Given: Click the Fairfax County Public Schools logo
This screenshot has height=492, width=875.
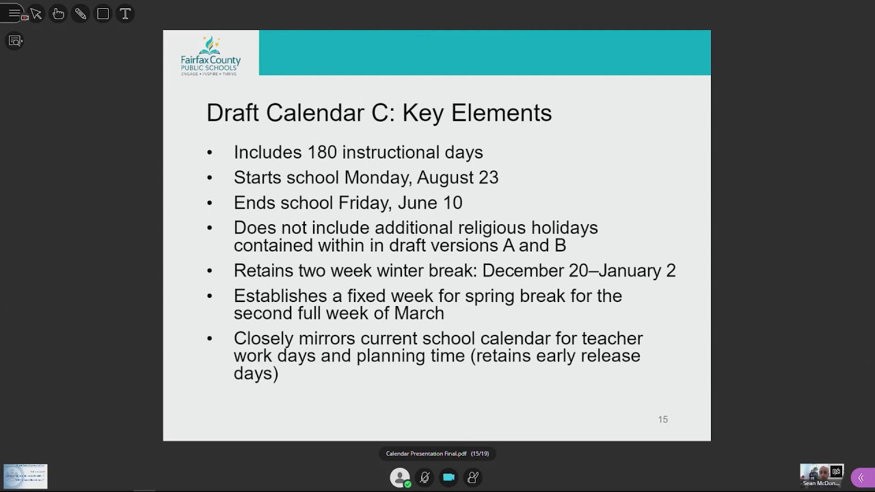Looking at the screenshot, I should click(211, 55).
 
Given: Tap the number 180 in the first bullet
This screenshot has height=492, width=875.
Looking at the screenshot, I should click(322, 152).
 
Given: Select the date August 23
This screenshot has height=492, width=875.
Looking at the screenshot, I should click(457, 178).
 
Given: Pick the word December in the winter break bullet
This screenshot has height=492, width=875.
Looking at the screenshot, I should click(523, 271).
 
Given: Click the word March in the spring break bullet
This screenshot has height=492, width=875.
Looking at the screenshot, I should click(419, 313).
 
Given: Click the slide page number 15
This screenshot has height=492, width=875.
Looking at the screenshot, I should click(662, 420).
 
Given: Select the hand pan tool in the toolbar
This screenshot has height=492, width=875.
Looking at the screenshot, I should click(59, 14).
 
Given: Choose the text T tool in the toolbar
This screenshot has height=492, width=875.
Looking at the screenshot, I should click(125, 14).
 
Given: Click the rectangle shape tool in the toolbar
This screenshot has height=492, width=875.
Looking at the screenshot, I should click(103, 14).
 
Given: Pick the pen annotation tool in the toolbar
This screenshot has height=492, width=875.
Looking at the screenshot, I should click(81, 14).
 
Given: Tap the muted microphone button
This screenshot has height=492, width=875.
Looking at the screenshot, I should click(425, 478).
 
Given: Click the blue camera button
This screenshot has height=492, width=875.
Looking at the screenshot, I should click(448, 478).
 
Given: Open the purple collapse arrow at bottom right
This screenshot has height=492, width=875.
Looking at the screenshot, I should click(861, 478).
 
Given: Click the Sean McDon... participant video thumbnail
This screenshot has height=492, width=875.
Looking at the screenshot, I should click(821, 474).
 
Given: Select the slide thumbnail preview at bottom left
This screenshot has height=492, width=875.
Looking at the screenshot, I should click(25, 476).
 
